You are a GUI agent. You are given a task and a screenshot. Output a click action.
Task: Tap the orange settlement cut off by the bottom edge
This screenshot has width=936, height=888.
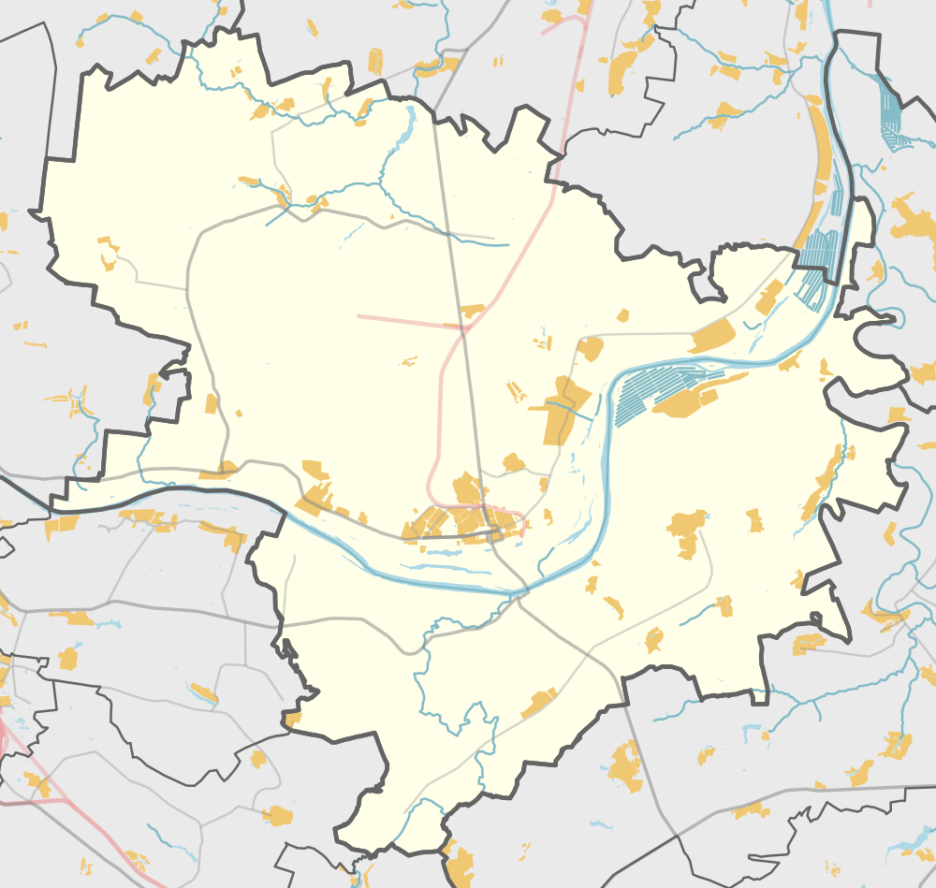[x=459, y=866]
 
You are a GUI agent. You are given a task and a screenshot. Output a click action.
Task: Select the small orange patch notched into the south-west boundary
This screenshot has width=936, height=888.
[x=293, y=719]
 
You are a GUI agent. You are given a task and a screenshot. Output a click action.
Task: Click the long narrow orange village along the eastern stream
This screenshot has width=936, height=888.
[x=824, y=482]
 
